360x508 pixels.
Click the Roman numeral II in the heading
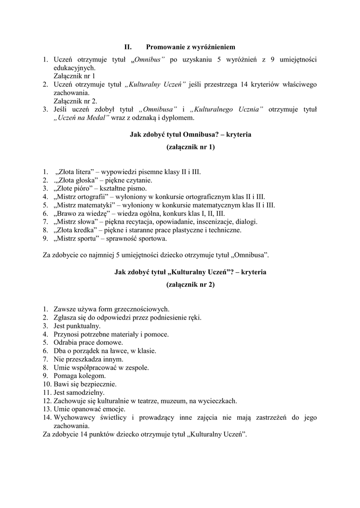[x=127, y=47]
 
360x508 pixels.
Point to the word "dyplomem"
[x=181, y=118]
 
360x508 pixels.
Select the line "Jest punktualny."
[x=77, y=326]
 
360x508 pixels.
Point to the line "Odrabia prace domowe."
[x=88, y=342]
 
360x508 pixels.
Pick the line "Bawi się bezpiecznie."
[x=85, y=384]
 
